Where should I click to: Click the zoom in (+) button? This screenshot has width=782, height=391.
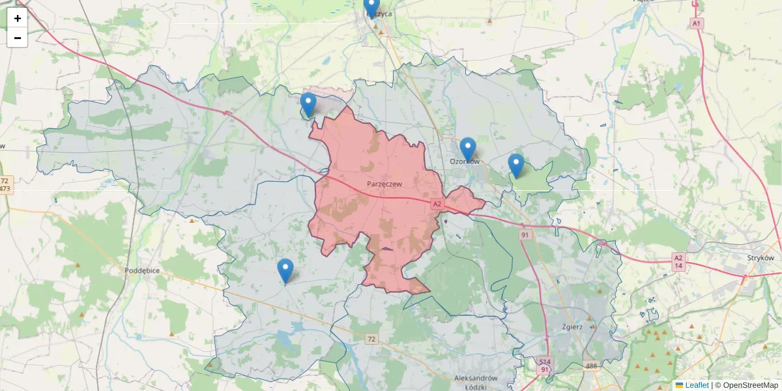(x=18, y=18)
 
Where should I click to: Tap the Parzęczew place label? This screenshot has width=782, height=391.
(x=383, y=184)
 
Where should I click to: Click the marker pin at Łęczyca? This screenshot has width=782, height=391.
(x=371, y=7)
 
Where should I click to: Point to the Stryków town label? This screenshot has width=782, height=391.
(x=761, y=257)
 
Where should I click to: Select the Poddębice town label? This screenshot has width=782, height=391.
(x=143, y=270)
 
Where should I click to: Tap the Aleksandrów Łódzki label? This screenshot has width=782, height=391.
(x=476, y=383)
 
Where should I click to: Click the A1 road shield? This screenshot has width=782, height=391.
(x=697, y=23)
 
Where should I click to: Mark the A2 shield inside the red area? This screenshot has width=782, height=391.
(x=437, y=205)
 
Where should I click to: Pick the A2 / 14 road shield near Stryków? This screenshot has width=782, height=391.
(x=678, y=262)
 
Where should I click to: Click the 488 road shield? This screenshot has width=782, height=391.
(x=590, y=366)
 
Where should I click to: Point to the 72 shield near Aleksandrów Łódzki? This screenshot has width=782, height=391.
(x=371, y=339)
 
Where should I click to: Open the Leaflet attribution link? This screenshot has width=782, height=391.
(x=696, y=385)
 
